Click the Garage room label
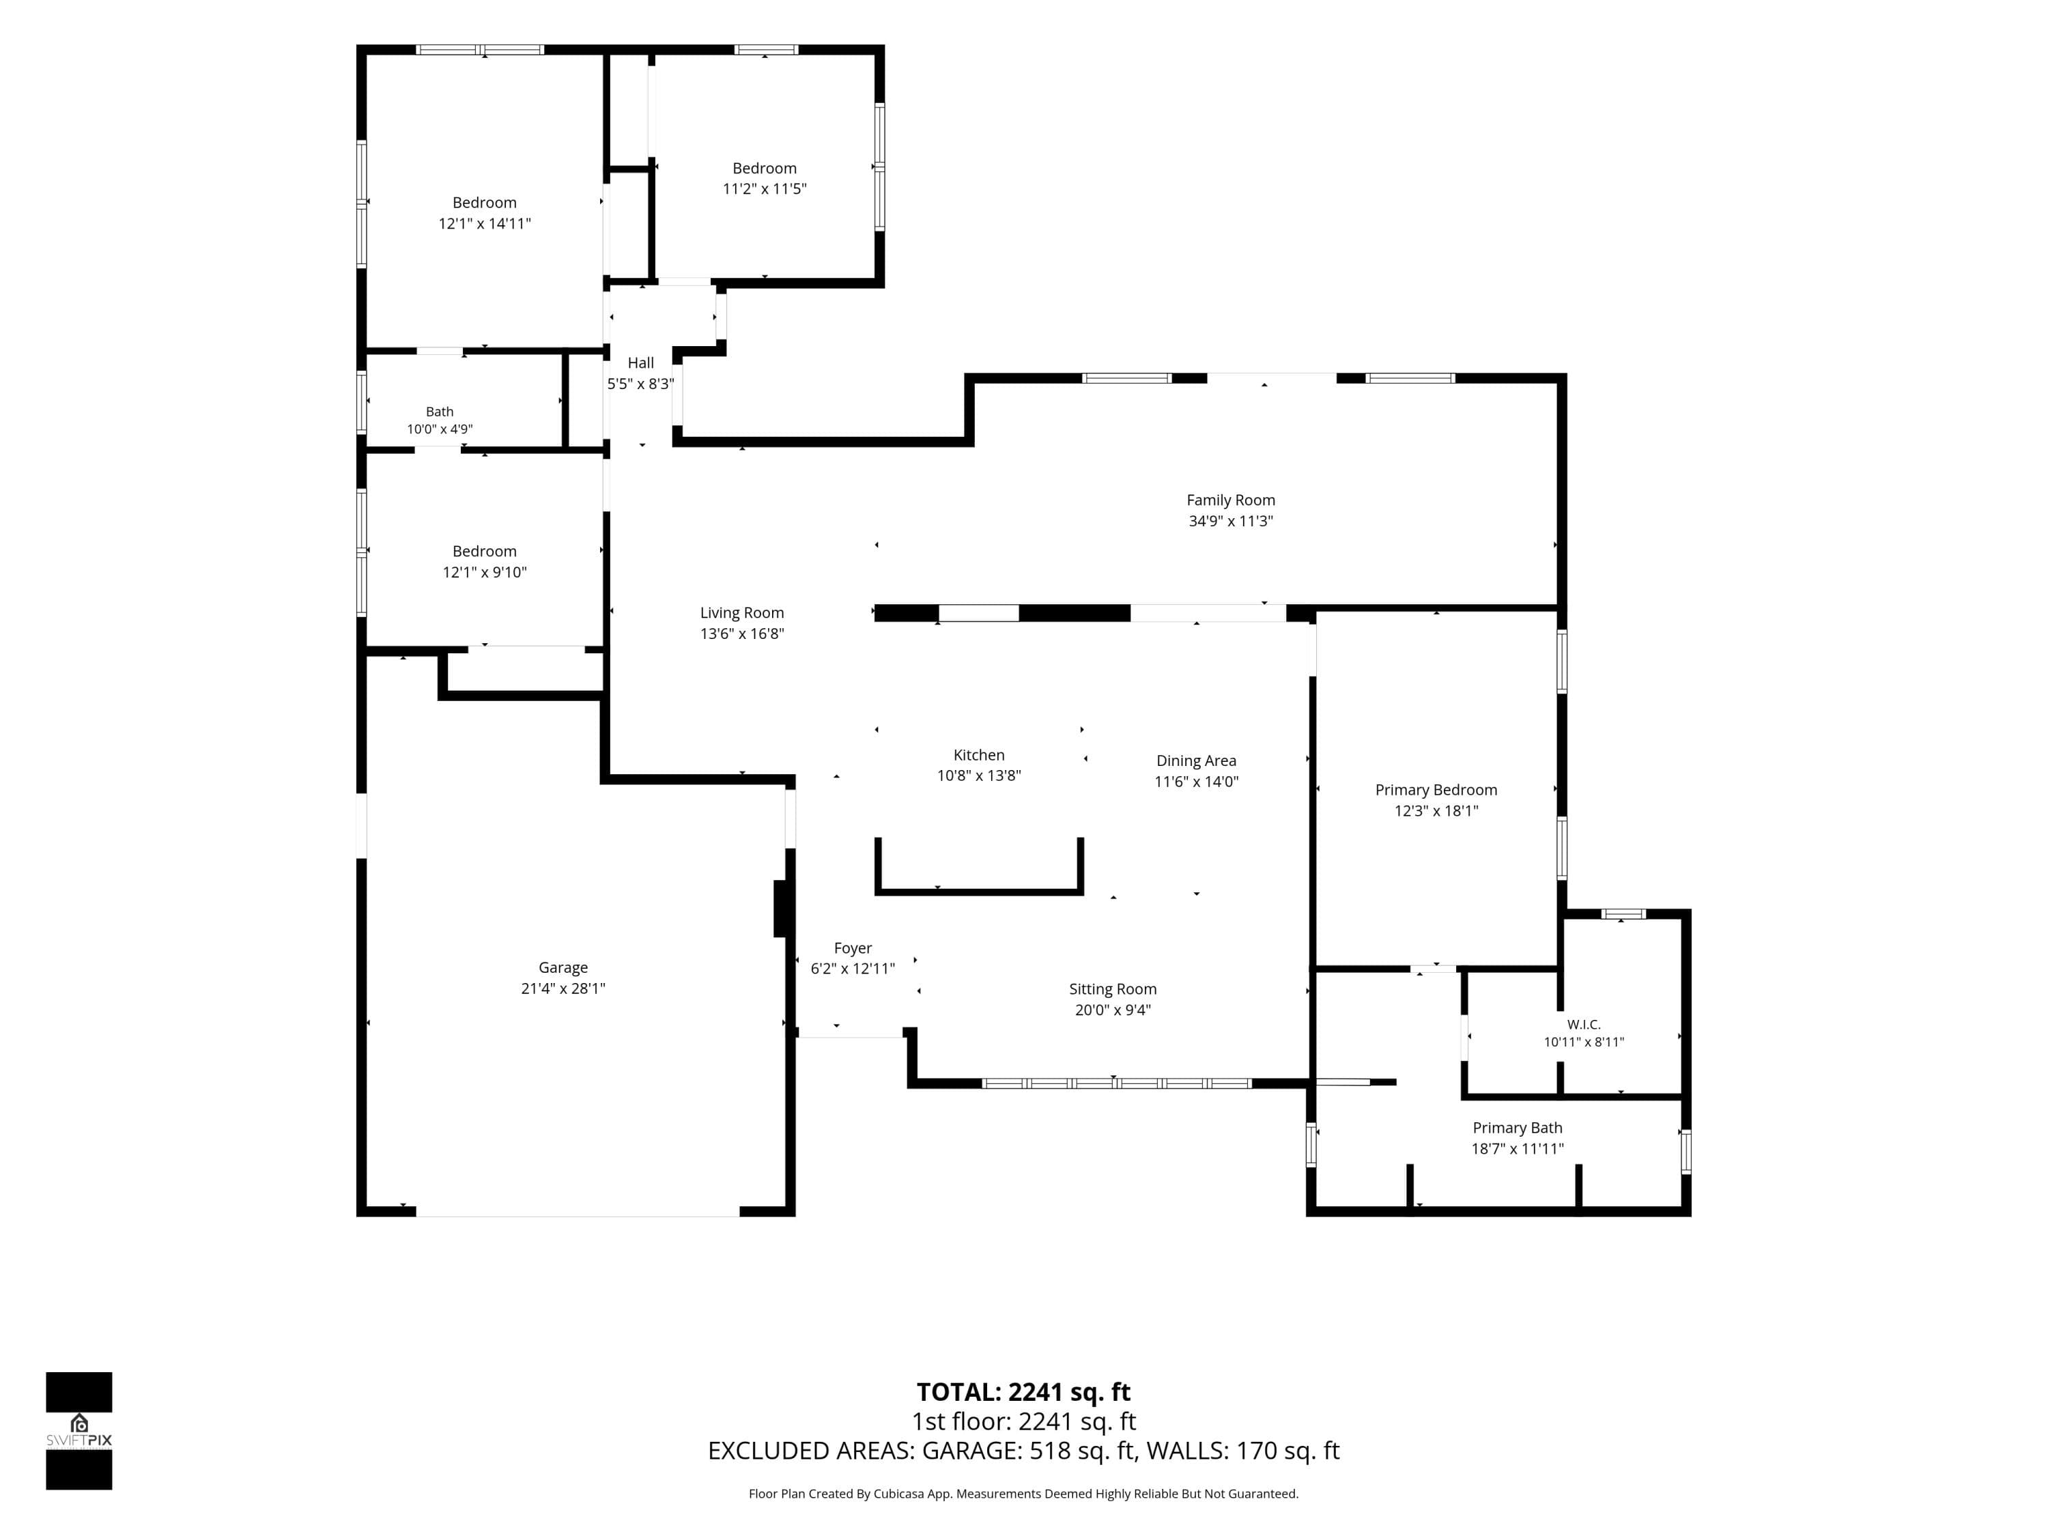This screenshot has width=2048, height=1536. point(563,967)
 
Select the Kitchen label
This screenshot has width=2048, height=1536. point(979,754)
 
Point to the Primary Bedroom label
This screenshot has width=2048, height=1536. point(1436,790)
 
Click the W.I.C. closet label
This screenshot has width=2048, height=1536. point(1583,1024)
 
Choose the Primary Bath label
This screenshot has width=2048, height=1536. point(1518,1128)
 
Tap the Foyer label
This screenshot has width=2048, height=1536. point(853,948)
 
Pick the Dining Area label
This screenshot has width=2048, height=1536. point(1196,760)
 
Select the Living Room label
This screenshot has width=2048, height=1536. point(741,613)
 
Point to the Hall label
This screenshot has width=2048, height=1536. point(641,363)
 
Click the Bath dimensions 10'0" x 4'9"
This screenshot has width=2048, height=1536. point(440,429)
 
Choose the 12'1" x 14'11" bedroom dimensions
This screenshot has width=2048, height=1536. point(484,224)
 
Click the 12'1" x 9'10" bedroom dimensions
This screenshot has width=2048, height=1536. point(484,572)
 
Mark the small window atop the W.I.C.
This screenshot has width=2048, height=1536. point(1623,915)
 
